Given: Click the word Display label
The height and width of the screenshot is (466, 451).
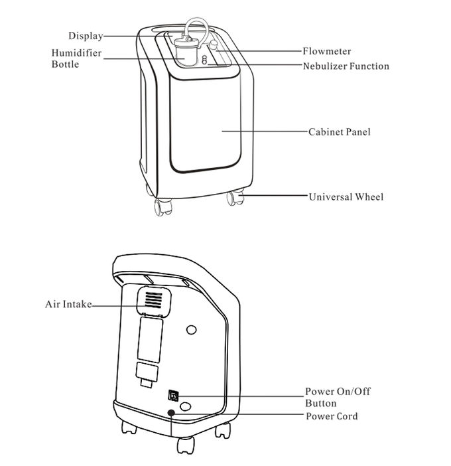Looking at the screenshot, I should (x=86, y=36).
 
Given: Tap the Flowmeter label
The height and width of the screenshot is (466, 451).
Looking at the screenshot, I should (x=326, y=51).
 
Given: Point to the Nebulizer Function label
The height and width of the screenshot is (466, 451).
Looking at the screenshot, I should (x=346, y=66).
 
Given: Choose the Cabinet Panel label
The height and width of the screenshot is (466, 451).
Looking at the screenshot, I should (x=339, y=131).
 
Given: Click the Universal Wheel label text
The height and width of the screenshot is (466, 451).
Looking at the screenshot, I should (x=346, y=196).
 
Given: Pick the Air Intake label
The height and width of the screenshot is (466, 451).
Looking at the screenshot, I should (x=68, y=305).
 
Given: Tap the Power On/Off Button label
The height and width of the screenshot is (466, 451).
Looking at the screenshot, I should (x=337, y=397).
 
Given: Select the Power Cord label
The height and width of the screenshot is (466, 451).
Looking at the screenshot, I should (x=331, y=416).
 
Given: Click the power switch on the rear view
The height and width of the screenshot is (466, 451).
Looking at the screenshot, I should (x=172, y=396).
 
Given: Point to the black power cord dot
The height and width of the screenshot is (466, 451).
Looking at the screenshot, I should (x=172, y=413).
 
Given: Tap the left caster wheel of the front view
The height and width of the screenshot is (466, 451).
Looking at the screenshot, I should (x=161, y=207).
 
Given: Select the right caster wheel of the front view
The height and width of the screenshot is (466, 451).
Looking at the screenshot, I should (x=233, y=198).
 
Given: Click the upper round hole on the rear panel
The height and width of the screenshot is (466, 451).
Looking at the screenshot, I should (x=192, y=329).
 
